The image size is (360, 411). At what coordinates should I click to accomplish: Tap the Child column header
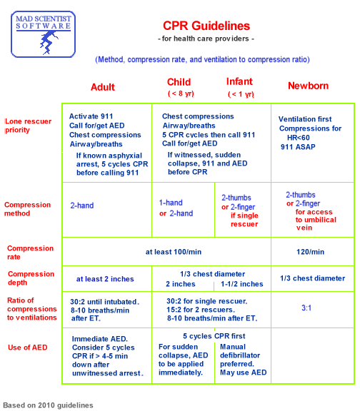(x=179, y=82)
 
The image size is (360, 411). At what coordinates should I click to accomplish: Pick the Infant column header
(x=239, y=82)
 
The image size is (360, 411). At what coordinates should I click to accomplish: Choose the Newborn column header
(x=308, y=86)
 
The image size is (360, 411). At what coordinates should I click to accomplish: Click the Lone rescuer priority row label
(x=27, y=126)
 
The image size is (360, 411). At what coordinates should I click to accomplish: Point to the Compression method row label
(x=27, y=209)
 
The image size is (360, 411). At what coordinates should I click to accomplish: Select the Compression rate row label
(x=30, y=253)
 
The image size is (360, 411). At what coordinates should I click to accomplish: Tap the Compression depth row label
(x=30, y=278)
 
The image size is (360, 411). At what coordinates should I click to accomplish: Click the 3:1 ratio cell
(x=307, y=308)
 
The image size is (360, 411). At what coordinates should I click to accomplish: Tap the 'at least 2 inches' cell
(x=106, y=279)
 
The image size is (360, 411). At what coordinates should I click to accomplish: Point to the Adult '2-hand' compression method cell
(x=81, y=205)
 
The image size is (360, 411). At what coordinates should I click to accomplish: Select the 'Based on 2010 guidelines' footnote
(x=48, y=405)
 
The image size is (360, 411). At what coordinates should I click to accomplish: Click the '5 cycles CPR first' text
(x=214, y=335)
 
